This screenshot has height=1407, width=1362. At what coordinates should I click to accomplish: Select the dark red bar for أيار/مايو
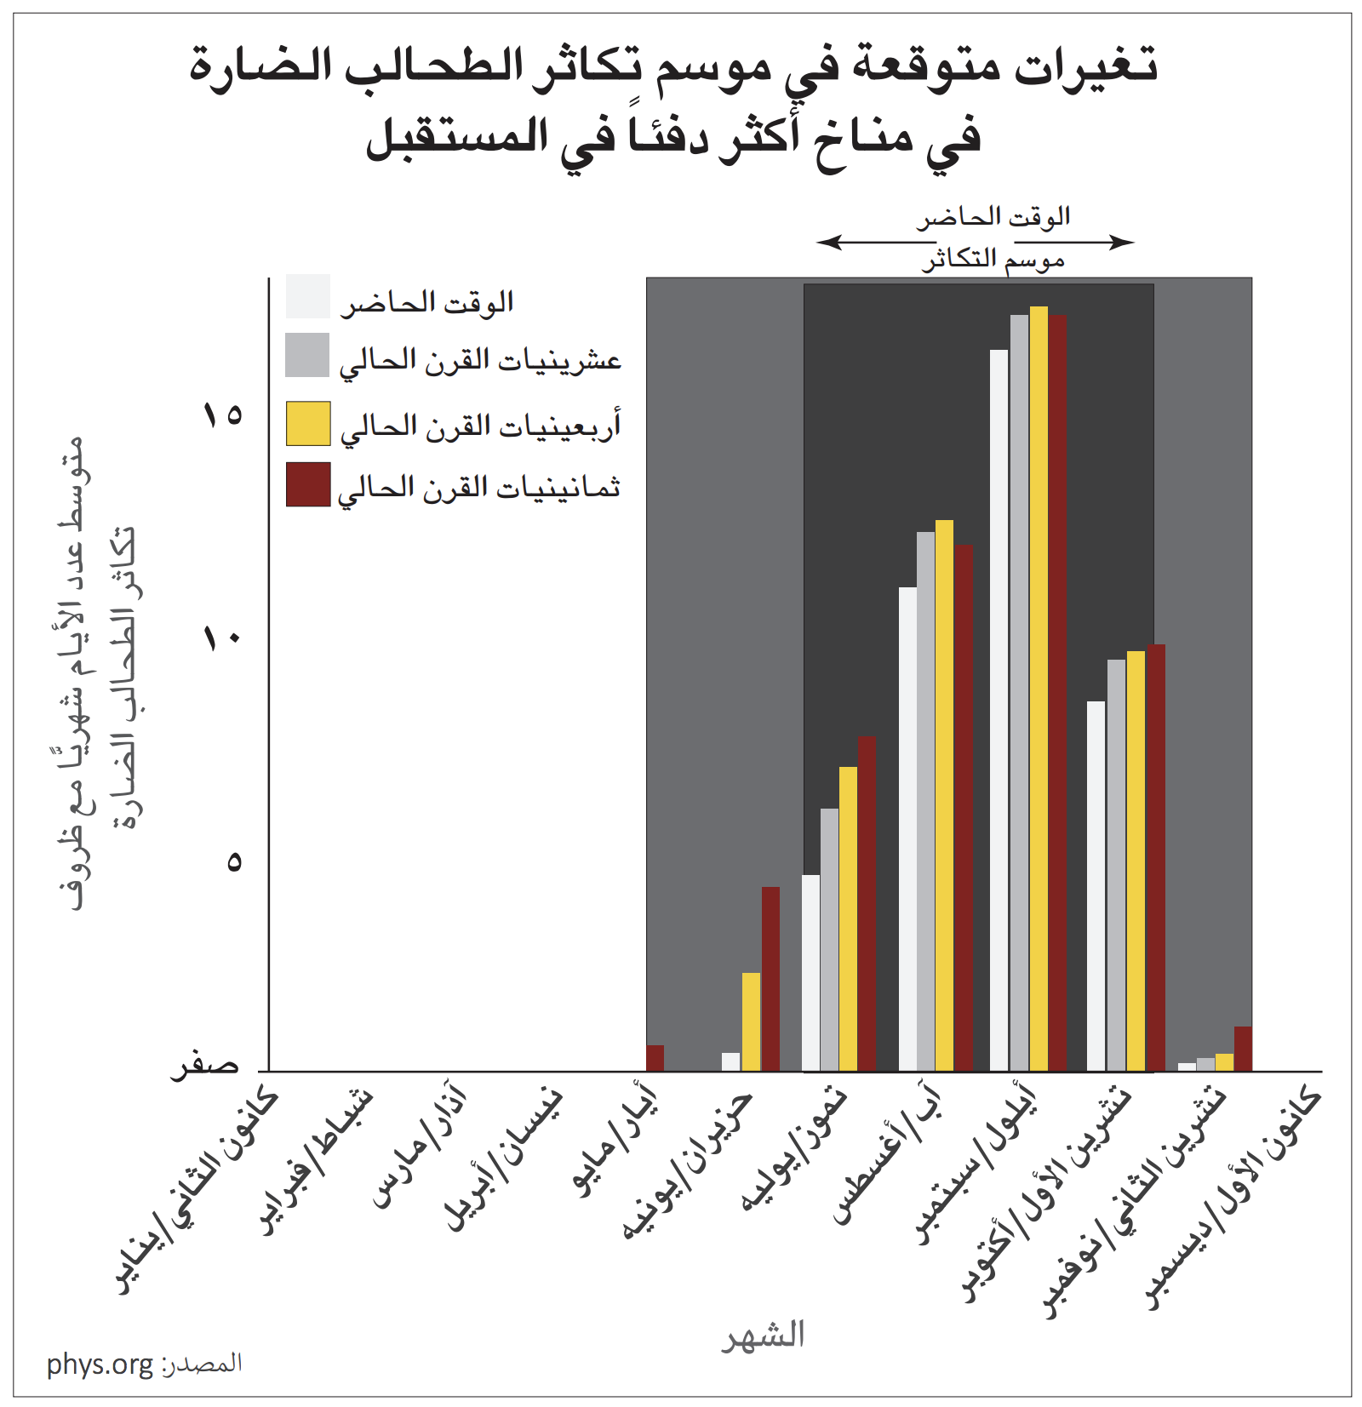click(x=655, y=1057)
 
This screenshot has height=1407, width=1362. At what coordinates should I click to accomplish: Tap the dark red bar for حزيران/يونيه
click(x=770, y=978)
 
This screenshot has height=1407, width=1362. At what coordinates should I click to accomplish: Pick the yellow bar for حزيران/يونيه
click(x=751, y=1021)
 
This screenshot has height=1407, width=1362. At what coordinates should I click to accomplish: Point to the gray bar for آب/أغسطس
click(x=926, y=800)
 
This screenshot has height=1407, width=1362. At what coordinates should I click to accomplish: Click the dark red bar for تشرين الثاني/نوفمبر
click(x=1243, y=1048)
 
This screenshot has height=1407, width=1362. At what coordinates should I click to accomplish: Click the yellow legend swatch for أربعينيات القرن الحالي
click(x=308, y=424)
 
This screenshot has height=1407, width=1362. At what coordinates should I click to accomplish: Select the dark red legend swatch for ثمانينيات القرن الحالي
click(x=308, y=484)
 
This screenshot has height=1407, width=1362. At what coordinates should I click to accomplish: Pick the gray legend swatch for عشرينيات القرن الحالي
click(x=307, y=355)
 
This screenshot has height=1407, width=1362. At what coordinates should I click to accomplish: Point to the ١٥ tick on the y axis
click(x=222, y=415)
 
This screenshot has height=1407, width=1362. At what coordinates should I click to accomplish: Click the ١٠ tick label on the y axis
click(x=222, y=638)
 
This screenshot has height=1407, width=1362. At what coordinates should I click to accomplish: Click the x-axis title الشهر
click(x=763, y=1335)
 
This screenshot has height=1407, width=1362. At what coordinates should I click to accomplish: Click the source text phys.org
click(x=100, y=1364)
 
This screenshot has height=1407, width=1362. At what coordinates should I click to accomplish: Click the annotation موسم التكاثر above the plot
click(x=993, y=258)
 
